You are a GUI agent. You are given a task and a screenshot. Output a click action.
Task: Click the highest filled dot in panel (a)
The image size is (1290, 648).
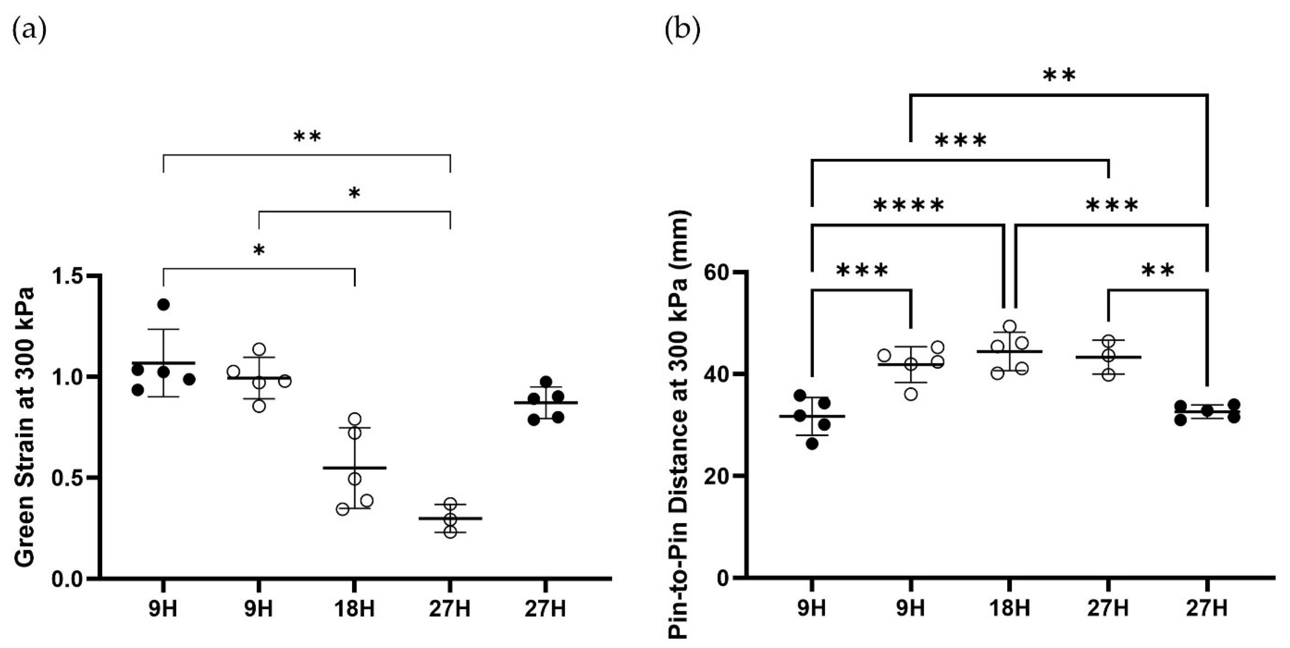(163, 304)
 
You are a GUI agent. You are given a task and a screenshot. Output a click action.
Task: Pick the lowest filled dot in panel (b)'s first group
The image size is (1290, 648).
(812, 443)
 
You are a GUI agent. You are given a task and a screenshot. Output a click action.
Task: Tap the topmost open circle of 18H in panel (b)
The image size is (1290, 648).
(1010, 327)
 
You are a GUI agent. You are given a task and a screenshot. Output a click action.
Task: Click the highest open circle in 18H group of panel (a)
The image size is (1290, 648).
(354, 418)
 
